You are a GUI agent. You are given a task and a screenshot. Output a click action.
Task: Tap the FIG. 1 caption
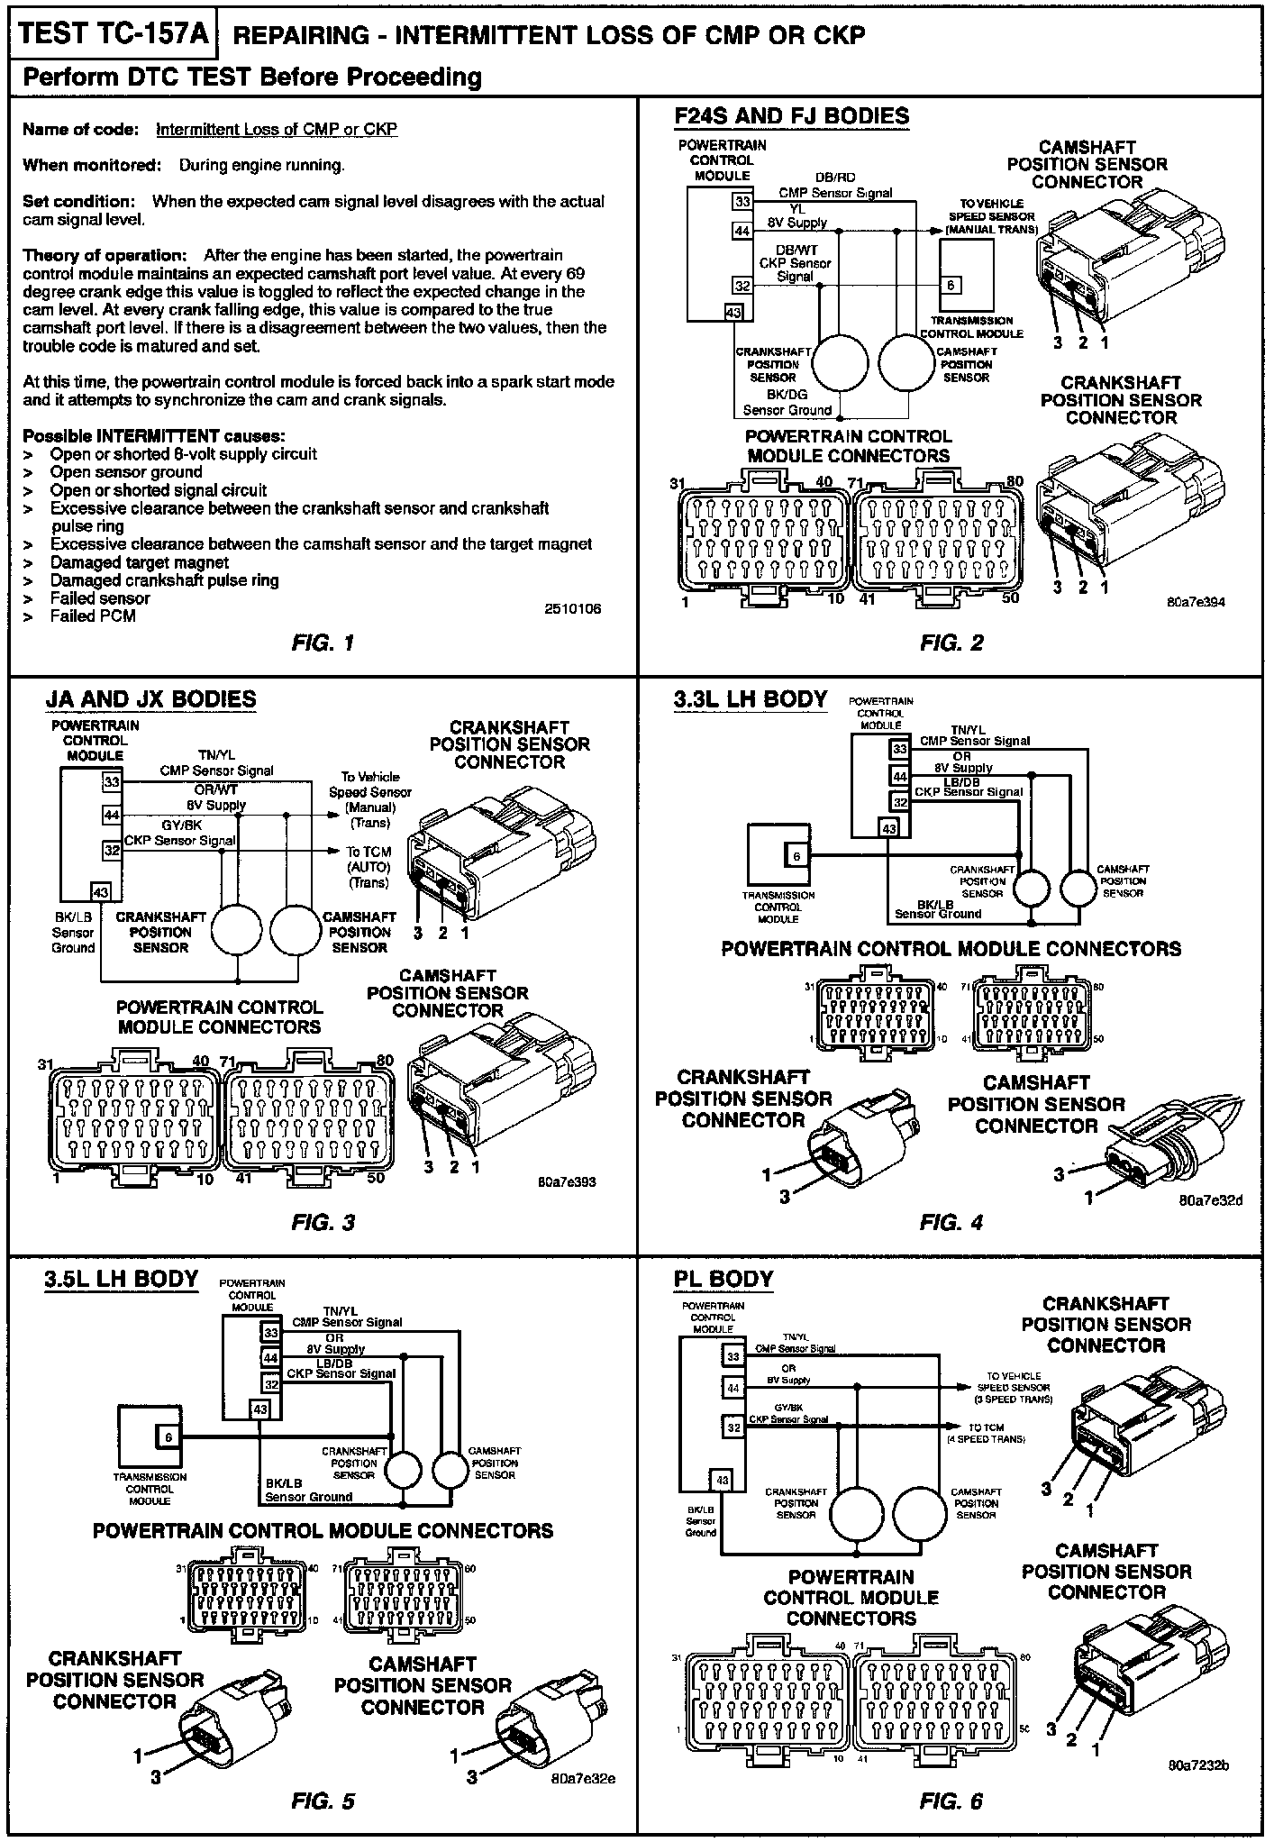point(323,643)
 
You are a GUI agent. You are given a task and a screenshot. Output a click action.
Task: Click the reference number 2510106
point(572,609)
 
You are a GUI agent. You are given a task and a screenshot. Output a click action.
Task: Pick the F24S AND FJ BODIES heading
point(791,116)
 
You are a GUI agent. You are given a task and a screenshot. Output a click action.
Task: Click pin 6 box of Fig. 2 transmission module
point(952,286)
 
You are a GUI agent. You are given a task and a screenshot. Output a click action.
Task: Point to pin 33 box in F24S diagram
point(742,202)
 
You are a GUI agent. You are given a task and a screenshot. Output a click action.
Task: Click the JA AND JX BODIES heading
point(150,699)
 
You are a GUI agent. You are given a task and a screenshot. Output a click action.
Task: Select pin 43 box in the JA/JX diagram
point(101,892)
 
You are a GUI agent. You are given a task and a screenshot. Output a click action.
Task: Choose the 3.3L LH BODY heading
point(750,699)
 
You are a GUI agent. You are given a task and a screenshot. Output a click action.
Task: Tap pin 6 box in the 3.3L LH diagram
point(796,855)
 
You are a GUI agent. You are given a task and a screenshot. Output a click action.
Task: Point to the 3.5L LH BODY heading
point(121,1279)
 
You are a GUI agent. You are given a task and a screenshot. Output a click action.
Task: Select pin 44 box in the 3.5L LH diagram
point(269,1357)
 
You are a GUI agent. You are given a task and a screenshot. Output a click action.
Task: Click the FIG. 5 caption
point(323,1801)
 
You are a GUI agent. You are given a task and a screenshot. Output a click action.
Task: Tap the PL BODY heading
point(723,1279)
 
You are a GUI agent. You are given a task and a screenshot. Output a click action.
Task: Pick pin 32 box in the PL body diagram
point(733,1427)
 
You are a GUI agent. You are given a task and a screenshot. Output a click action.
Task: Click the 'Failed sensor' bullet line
point(100,598)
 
